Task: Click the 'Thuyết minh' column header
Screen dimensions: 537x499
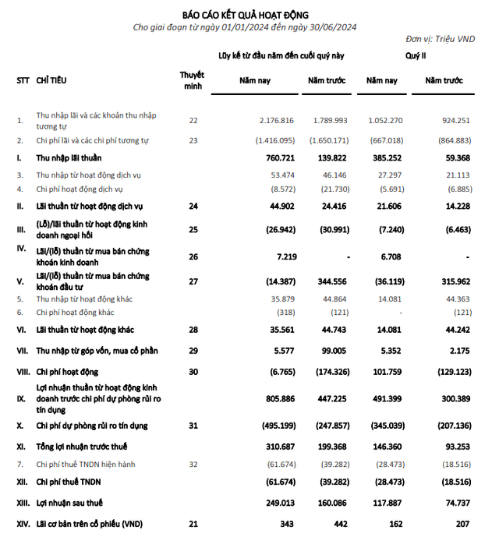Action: [193, 79]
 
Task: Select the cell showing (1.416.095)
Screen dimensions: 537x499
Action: [274, 140]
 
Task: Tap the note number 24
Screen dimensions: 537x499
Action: [193, 207]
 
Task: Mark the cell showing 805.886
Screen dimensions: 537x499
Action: [278, 399]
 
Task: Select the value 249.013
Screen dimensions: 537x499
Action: [278, 505]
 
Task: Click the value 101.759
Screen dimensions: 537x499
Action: [383, 373]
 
